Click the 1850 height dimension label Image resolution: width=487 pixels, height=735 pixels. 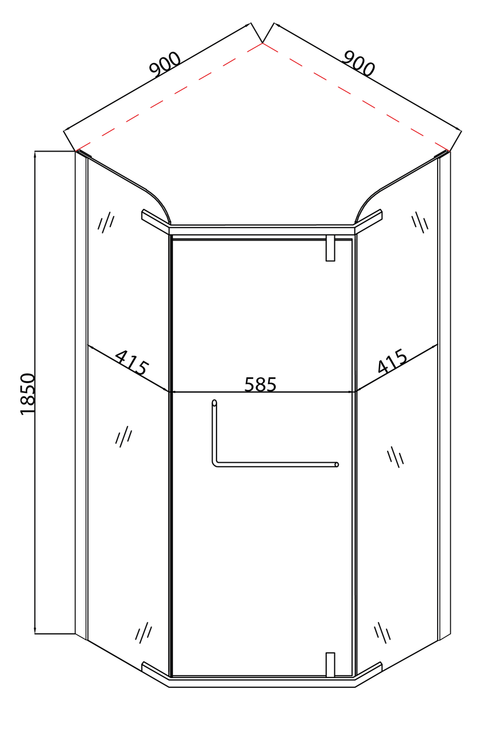coord(28,393)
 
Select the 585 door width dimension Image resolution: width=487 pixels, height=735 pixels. coord(260,384)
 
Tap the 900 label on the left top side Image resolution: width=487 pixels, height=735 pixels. coord(165,64)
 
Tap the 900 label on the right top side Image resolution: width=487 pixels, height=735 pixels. coord(358,63)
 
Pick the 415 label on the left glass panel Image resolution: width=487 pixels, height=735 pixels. coord(132,362)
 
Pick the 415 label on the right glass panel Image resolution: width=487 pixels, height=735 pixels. coord(393,361)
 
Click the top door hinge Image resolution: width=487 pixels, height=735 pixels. coord(330,247)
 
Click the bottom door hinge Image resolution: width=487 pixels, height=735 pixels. coord(330,664)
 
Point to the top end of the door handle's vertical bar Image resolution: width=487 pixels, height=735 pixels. coord(214,403)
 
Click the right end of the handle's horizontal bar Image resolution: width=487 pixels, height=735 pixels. coord(337,465)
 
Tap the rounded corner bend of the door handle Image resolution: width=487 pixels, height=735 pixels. coord(215,463)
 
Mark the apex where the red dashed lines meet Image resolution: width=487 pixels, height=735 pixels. coord(262,42)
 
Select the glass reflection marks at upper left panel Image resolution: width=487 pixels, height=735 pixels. coord(106,222)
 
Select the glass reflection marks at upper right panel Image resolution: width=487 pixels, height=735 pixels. coord(420,222)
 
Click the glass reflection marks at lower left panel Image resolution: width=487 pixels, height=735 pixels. coord(144,632)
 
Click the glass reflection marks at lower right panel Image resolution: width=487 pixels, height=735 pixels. coord(382,632)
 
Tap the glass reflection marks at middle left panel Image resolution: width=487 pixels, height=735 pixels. coord(123,437)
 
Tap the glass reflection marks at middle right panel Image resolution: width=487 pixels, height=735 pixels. coord(396,457)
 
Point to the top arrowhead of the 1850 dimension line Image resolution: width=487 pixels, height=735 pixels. coord(35,154)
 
